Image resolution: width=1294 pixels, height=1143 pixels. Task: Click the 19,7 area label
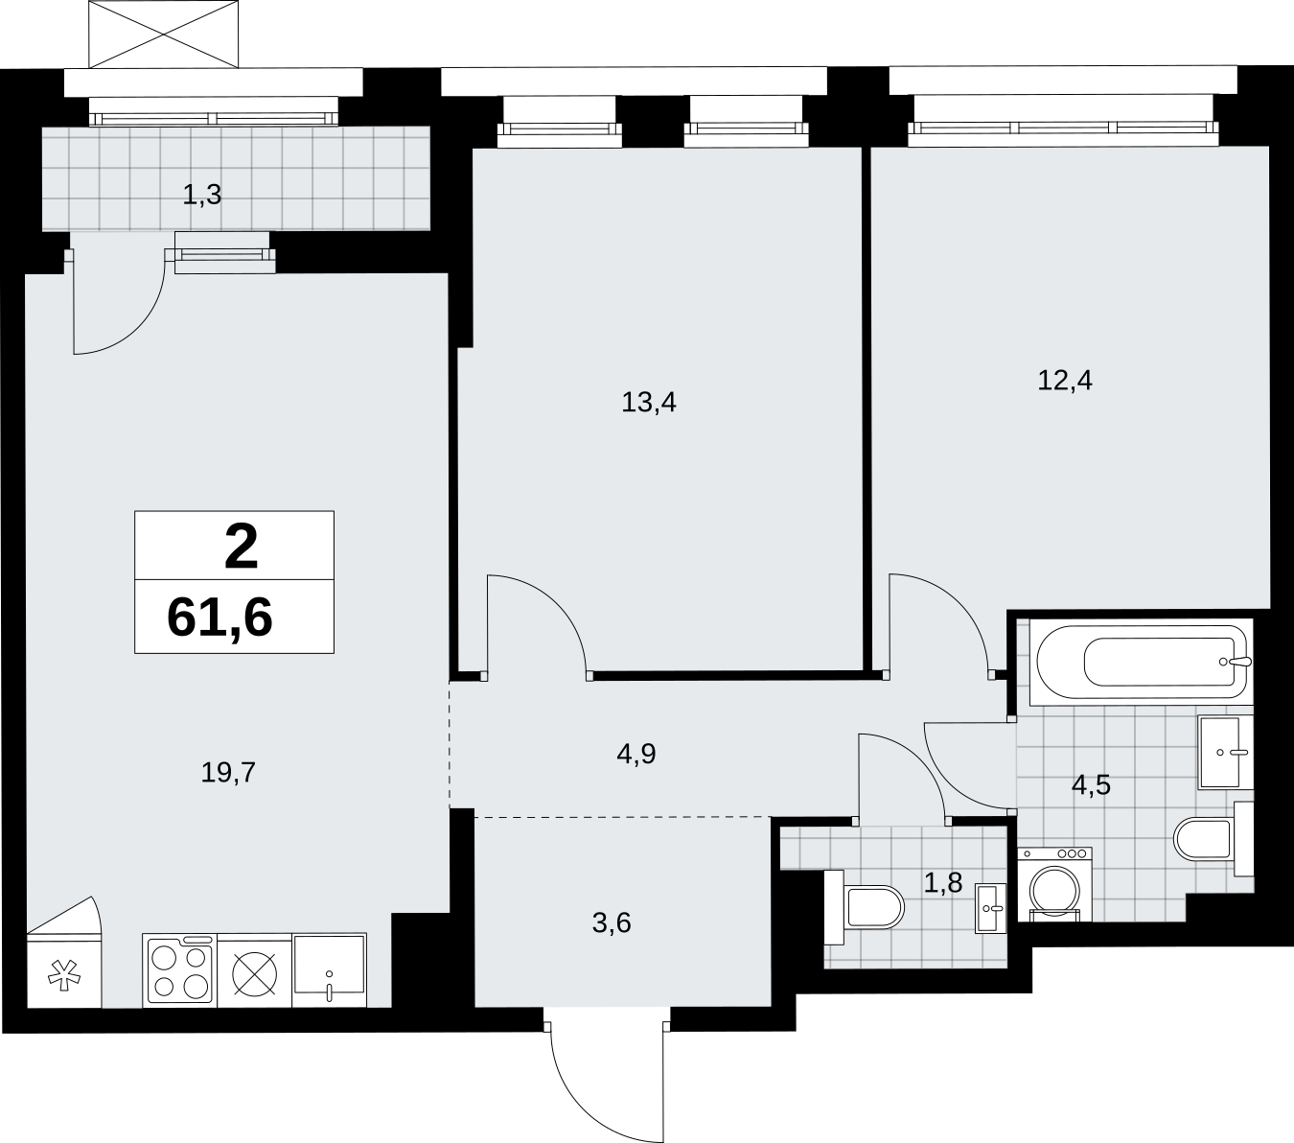coord(228,773)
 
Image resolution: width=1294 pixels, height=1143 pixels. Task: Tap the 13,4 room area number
coord(648,403)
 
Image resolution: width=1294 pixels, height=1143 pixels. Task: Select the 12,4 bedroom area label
coord(1065,380)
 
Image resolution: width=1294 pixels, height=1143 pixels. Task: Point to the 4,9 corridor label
coord(636,754)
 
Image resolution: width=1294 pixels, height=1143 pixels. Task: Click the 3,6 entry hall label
coord(612,923)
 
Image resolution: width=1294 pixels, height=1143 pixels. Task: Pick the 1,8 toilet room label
coord(943,883)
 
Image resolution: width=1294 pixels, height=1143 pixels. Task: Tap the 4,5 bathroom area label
coord(1091,784)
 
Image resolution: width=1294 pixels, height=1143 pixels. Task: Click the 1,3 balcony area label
coord(202,195)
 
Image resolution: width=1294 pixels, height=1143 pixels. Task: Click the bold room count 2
coord(241,547)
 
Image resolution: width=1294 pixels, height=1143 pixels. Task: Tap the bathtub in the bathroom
coord(1142,662)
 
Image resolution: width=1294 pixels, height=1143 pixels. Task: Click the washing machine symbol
coord(1054,884)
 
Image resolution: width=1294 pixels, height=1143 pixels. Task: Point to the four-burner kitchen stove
coord(179,969)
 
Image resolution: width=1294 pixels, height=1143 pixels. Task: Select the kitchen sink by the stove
coord(329,969)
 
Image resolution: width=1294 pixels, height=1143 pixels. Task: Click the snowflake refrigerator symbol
coord(64,975)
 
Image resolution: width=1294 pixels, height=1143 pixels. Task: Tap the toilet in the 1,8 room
coord(865,907)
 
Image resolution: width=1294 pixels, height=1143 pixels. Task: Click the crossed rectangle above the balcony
coord(164,34)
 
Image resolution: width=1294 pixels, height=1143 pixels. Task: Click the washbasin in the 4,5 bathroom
coord(1225,752)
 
